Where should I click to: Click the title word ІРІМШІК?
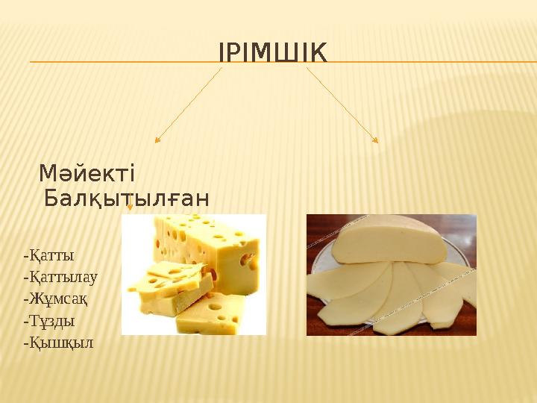click(272, 53)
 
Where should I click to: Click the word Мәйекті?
click(87, 174)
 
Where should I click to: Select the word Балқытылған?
click(127, 199)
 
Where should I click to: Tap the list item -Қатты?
click(49, 255)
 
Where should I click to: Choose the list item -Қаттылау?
click(61, 277)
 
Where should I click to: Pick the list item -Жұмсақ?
click(56, 299)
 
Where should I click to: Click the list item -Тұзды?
click(49, 321)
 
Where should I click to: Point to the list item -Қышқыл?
click(58, 343)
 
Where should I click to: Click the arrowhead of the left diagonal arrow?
click(157, 140)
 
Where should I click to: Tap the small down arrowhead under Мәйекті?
click(130, 208)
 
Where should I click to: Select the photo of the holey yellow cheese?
click(193, 274)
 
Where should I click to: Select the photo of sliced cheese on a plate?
click(391, 274)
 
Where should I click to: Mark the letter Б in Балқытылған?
click(51, 199)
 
